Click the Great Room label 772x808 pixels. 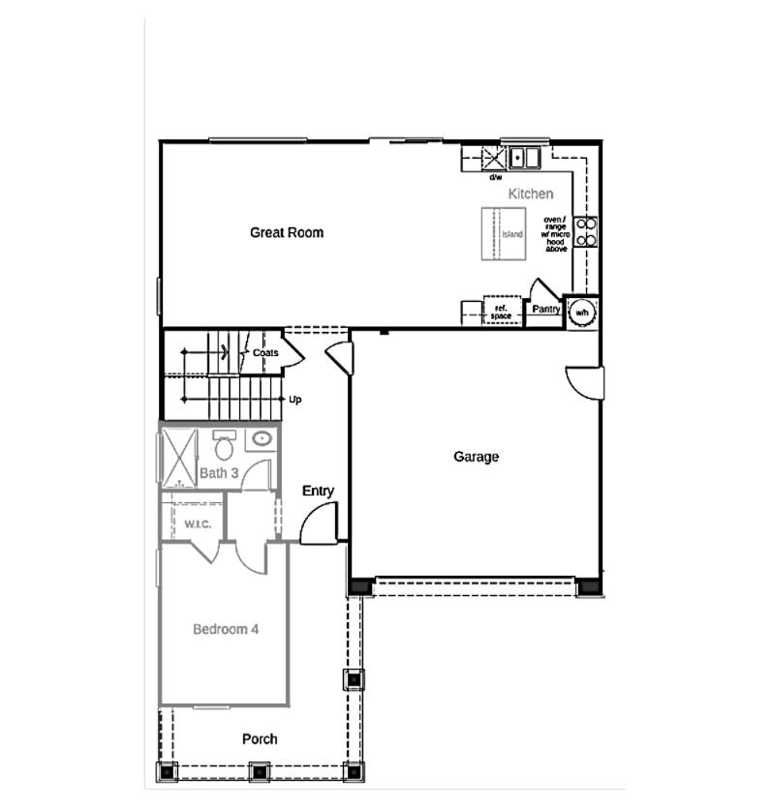pos(287,232)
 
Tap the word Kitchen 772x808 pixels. pos(531,194)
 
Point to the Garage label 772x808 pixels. pos(476,457)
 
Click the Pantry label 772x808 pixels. pos(545,310)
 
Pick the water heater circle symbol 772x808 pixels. pos(582,313)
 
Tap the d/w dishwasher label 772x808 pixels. pos(495,177)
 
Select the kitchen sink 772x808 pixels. pos(525,157)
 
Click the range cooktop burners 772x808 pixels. pos(587,230)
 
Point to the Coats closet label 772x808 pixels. pos(265,353)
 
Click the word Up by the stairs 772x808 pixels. pos(295,399)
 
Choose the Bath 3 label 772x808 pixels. pos(219,473)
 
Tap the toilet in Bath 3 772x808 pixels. pos(225,447)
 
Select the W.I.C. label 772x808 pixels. pos(198,524)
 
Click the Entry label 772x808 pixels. pos(318,491)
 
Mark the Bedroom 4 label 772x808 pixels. pos(226,629)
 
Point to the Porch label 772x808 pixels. pos(260,738)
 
